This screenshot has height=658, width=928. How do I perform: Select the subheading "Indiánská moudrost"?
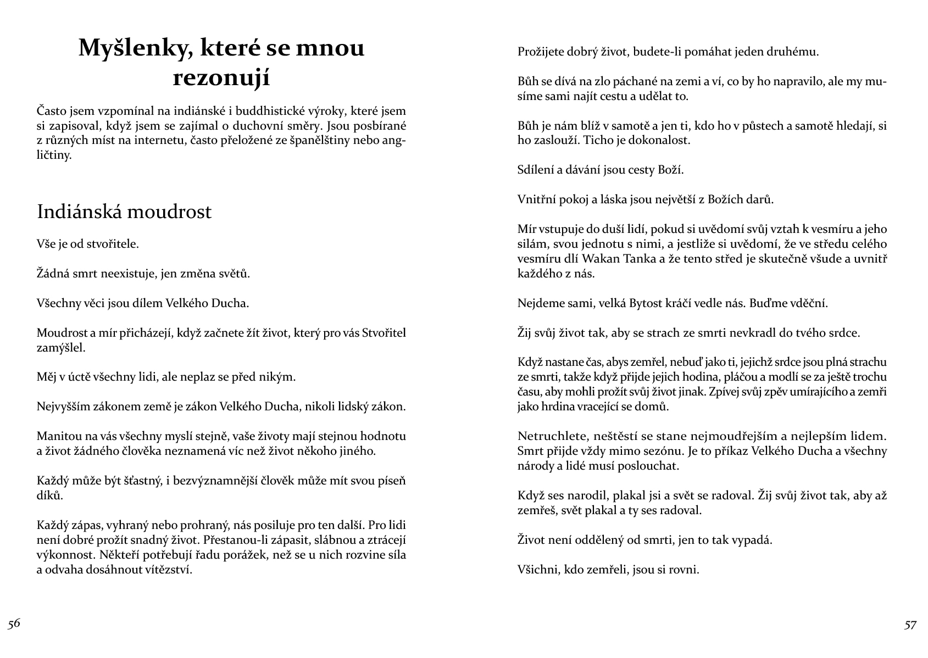124,211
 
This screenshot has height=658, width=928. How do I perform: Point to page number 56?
14,623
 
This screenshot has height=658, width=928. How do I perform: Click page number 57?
910,625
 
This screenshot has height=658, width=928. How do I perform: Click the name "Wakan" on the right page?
599,259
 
